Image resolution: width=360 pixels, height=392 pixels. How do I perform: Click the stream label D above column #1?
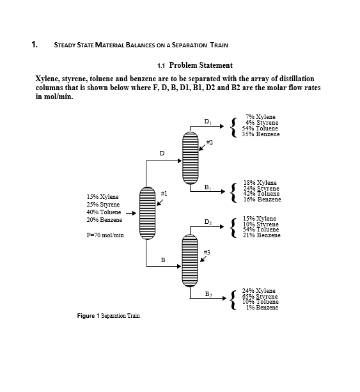pyautogui.click(x=161, y=153)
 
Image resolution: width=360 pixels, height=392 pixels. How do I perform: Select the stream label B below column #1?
pyautogui.click(x=162, y=260)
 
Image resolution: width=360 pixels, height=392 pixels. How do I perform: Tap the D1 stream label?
pyautogui.click(x=208, y=121)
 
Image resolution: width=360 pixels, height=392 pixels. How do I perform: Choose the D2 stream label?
pyautogui.click(x=208, y=222)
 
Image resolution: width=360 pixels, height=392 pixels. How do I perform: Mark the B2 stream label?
pyautogui.click(x=208, y=294)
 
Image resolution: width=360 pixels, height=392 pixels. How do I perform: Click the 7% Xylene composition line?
pyautogui.click(x=260, y=117)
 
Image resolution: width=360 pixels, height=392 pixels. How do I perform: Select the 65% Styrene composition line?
pyautogui.click(x=260, y=296)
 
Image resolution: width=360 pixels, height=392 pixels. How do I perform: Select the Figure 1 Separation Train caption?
pyautogui.click(x=108, y=316)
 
